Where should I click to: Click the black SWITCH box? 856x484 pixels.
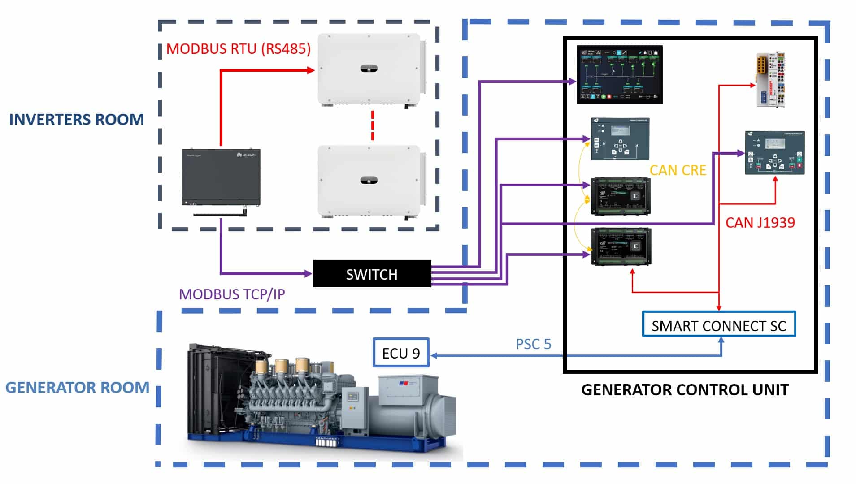click(372, 274)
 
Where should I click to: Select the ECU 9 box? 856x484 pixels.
click(401, 353)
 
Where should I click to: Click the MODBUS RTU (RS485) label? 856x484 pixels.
click(238, 48)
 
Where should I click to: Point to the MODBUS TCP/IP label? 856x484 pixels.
click(232, 294)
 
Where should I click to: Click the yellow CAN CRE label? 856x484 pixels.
click(678, 170)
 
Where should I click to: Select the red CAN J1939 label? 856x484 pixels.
click(760, 222)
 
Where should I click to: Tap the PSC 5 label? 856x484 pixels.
click(533, 344)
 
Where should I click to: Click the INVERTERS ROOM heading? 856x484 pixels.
click(77, 120)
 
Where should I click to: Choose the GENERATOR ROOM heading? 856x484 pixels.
click(77, 387)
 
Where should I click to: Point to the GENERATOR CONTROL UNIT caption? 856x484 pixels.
click(685, 390)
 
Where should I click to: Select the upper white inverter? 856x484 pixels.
click(370, 69)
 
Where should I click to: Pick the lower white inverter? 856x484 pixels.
click(370, 181)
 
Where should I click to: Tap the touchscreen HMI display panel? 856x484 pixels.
click(619, 74)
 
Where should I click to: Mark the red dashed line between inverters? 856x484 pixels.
click(372, 125)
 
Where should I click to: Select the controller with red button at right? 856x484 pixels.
click(774, 153)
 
